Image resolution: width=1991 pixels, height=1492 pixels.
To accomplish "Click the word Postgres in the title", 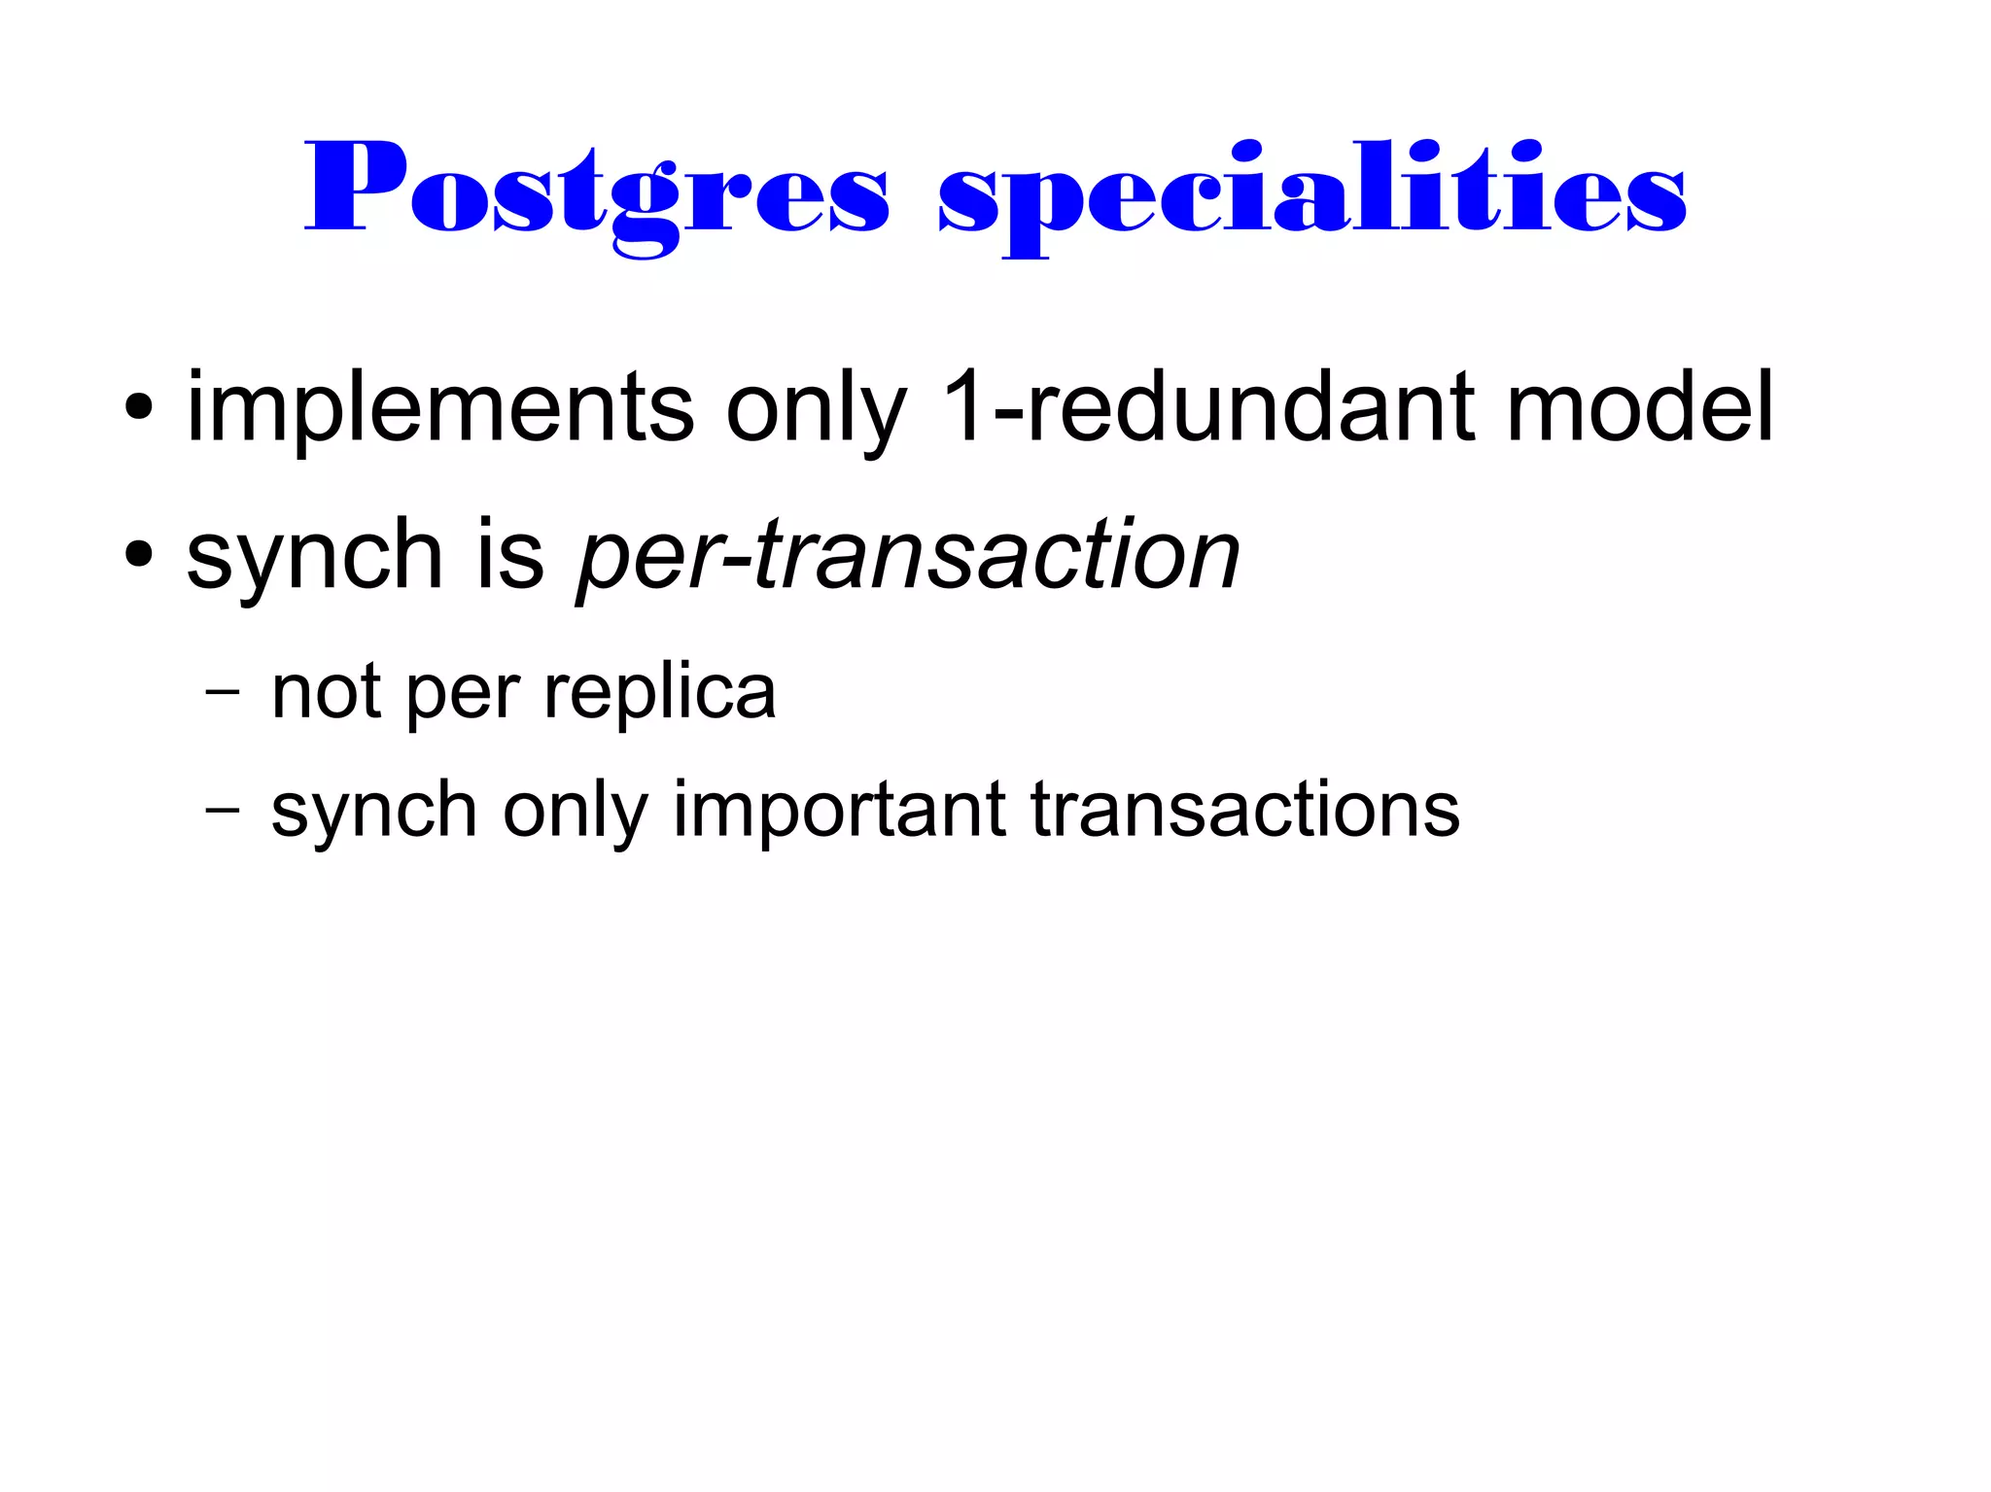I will click(x=595, y=190).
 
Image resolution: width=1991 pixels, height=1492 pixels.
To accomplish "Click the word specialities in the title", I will click(x=1311, y=190).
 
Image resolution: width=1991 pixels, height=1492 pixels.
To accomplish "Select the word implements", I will click(x=440, y=407).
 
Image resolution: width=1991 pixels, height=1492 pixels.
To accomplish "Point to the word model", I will click(x=1640, y=407).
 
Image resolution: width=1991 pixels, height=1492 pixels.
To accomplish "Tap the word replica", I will click(x=660, y=694).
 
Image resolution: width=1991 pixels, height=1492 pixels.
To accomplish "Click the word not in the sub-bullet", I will click(x=326, y=694).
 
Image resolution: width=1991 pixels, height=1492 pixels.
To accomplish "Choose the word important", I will click(x=839, y=811).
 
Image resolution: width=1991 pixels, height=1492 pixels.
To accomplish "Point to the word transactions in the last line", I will click(x=1245, y=811).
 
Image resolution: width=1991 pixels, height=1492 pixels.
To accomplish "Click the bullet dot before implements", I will click(x=139, y=409).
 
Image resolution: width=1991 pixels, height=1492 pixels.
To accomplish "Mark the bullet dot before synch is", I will click(x=139, y=555).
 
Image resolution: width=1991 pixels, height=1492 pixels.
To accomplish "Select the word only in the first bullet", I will click(x=816, y=409).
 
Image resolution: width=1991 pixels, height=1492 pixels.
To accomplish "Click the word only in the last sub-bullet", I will click(x=576, y=811).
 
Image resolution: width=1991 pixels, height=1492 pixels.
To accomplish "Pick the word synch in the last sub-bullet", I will click(x=374, y=811).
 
